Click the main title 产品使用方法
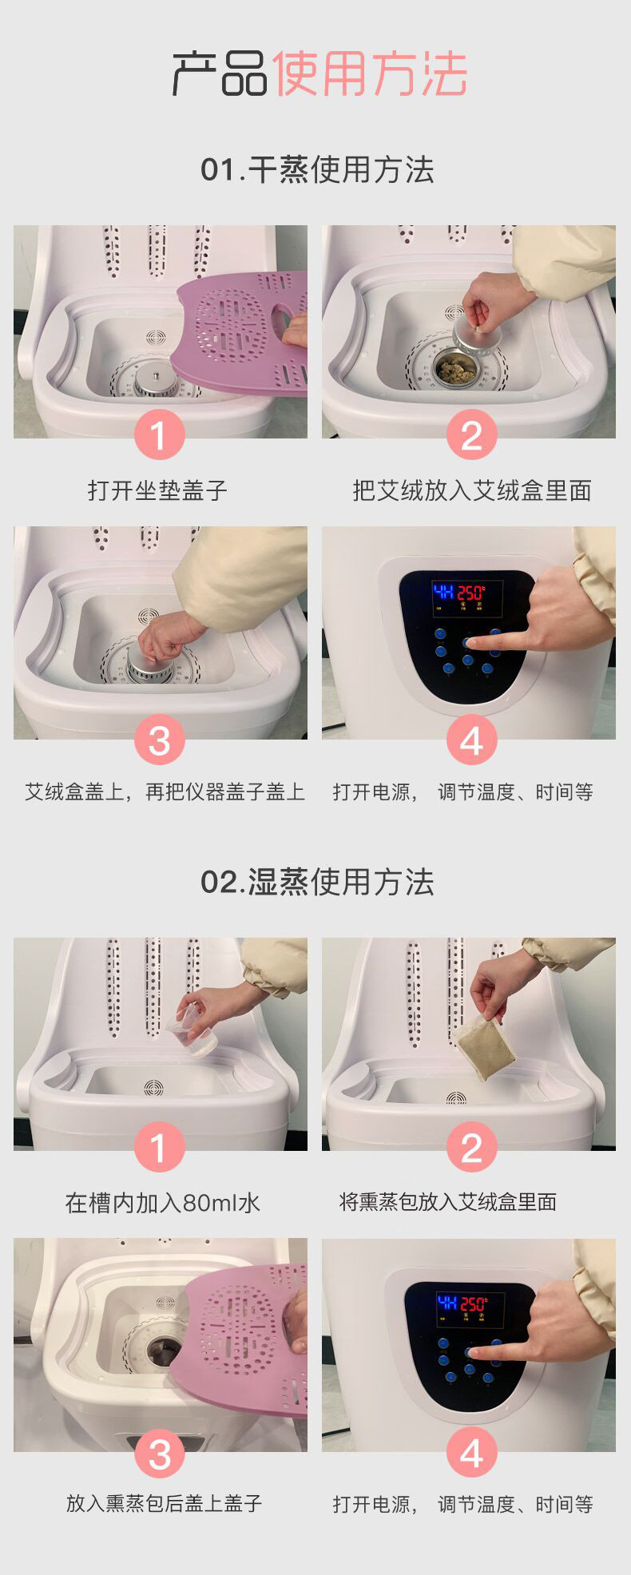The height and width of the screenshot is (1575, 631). pos(319,74)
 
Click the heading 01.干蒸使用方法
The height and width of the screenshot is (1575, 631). pos(317,170)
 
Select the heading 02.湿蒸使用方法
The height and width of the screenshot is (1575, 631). pos(317,883)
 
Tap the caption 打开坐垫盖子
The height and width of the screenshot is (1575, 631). pos(158,490)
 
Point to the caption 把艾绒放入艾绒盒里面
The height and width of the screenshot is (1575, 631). pos(472,490)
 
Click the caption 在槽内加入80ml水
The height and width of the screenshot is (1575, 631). pos(163,1203)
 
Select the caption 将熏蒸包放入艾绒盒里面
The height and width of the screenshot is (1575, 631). pos(448,1202)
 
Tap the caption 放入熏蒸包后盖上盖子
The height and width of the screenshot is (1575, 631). pos(164,1503)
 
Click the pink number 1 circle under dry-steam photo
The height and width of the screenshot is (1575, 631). pos(159,435)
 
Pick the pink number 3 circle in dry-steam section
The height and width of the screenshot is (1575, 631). pos(159,740)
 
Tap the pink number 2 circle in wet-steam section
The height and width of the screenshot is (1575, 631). pos(472,1148)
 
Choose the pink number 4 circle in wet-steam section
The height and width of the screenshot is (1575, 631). pos(472,1453)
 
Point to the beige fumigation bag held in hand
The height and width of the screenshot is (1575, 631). pos(482,1048)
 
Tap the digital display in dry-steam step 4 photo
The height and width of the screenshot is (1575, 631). pos(467,598)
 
